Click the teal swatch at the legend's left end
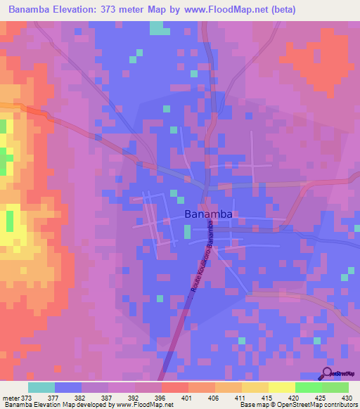[41, 387]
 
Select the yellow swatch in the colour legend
[281, 387]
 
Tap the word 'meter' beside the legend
[11, 397]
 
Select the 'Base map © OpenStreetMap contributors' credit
[297, 405]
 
